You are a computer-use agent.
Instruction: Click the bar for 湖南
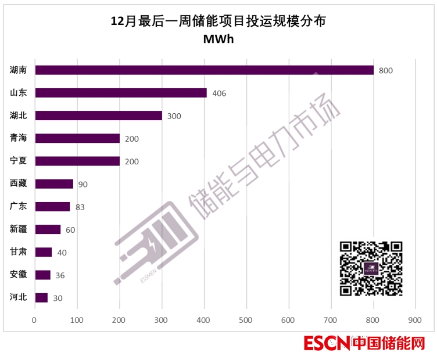(x=203, y=70)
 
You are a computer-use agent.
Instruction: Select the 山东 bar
(x=121, y=93)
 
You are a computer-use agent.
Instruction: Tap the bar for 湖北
(x=99, y=116)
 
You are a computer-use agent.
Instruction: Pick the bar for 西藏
(x=54, y=184)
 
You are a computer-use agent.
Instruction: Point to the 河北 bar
(x=41, y=298)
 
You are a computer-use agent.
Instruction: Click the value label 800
(x=386, y=71)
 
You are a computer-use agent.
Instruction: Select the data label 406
(x=218, y=93)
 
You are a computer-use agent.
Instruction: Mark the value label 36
(x=60, y=276)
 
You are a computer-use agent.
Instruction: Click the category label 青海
(x=19, y=138)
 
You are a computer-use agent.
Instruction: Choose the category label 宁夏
(x=19, y=161)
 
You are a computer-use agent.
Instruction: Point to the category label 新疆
(x=19, y=229)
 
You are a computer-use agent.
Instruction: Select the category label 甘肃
(x=19, y=252)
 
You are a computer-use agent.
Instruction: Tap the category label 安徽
(x=19, y=275)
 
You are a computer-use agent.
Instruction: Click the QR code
(x=371, y=268)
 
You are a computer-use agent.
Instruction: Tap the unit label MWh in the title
(x=218, y=39)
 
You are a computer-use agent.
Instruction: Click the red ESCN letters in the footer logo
(x=326, y=344)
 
